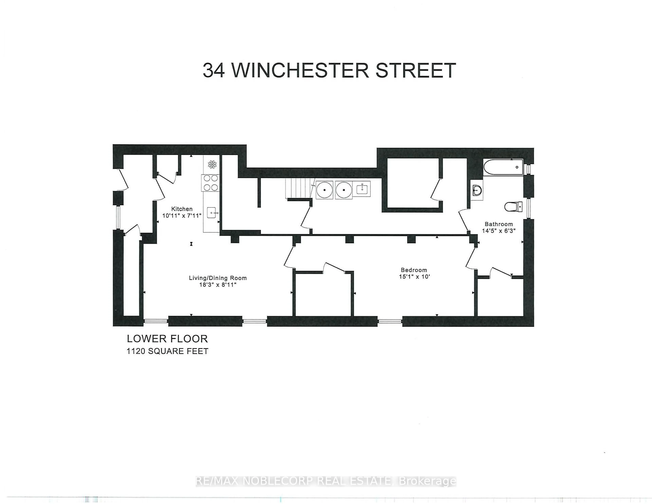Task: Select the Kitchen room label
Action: [182, 209]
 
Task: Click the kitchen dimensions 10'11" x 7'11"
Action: [182, 215]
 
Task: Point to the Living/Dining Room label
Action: [218, 278]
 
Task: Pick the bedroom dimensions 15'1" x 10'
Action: [414, 277]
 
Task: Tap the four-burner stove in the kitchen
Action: [211, 183]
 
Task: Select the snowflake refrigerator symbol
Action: [212, 164]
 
